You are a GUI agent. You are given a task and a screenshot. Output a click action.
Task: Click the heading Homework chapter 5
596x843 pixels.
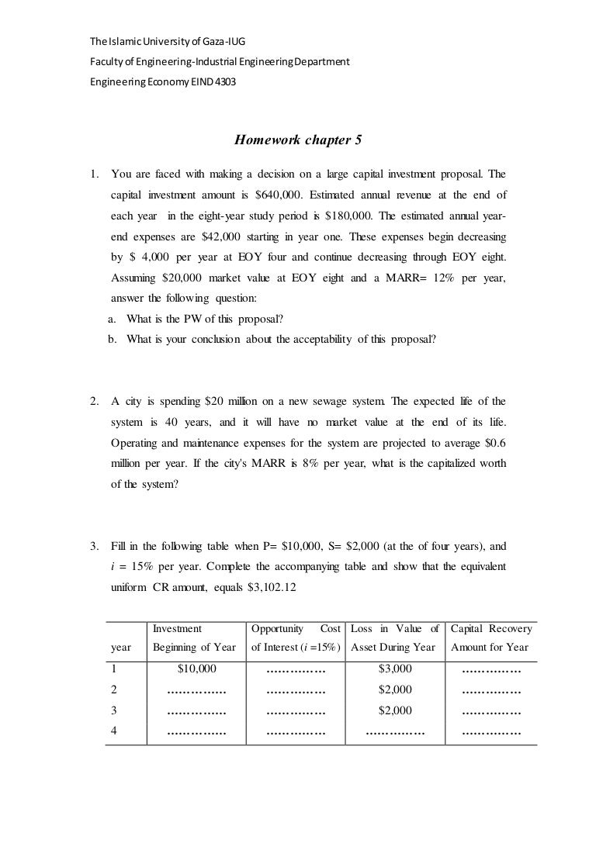(x=298, y=140)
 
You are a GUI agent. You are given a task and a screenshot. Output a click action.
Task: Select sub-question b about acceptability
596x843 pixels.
(x=273, y=339)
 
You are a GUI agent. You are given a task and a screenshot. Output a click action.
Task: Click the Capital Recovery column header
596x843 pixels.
(x=490, y=637)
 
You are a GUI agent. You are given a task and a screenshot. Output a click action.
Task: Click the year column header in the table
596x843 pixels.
(x=122, y=648)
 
